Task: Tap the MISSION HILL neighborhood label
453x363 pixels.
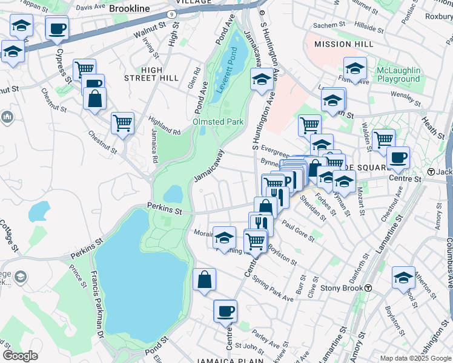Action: [x=340, y=44]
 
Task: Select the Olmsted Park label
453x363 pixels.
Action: [x=218, y=122]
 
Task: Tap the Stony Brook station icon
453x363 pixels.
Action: [x=368, y=288]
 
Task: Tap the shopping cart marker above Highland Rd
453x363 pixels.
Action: [x=122, y=123]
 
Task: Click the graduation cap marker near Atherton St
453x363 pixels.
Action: [x=403, y=277]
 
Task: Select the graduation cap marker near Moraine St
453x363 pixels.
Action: [x=224, y=238]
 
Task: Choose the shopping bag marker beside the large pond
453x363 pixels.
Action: [x=204, y=280]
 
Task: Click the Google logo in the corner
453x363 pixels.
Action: [x=20, y=356]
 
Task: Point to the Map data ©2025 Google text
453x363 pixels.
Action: [x=415, y=358]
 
